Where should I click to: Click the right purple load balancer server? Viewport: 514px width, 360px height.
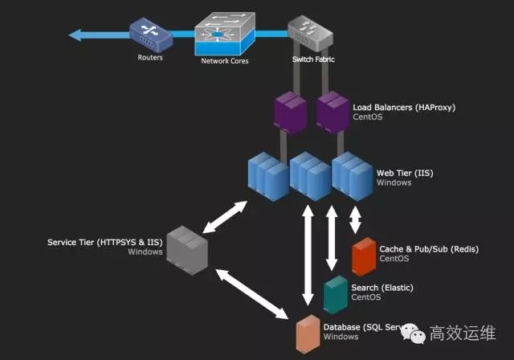click(331, 112)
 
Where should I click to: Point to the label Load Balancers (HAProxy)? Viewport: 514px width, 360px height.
click(404, 106)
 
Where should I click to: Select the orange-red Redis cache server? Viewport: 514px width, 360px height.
click(364, 256)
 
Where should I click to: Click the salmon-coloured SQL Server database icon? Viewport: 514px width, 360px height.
click(307, 333)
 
